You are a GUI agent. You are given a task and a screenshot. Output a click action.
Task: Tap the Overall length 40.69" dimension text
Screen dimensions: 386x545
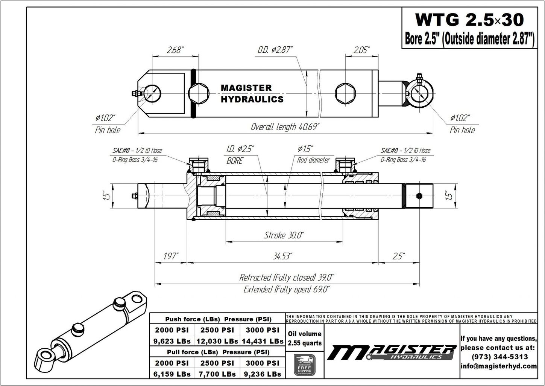285,127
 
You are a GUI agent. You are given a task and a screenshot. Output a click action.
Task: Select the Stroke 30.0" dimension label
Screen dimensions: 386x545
284,236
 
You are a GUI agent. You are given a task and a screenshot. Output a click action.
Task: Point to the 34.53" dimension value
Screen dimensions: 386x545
282,256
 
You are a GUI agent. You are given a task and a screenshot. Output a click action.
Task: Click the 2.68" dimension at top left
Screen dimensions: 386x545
175,50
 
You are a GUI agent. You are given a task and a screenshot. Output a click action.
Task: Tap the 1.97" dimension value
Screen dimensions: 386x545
172,256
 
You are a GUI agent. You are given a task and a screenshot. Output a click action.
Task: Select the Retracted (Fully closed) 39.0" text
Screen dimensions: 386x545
287,278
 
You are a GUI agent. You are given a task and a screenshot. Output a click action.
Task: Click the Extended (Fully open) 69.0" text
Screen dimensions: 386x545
287,289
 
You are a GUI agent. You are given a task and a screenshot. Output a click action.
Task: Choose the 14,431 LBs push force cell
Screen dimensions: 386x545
263,341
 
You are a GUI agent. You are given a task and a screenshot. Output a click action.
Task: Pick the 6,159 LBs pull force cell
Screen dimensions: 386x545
172,374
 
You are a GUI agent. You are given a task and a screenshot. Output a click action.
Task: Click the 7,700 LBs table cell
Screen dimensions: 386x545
217,374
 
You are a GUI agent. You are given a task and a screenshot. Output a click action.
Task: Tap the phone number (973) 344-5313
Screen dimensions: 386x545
499,357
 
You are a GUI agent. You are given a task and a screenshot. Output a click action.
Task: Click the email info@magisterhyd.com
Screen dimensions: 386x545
499,366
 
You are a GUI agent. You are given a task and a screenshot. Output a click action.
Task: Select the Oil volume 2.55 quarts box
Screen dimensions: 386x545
305,338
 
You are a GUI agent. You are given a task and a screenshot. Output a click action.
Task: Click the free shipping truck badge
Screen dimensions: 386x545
305,365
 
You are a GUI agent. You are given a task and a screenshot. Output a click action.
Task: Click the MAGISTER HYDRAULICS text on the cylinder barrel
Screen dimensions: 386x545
252,93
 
